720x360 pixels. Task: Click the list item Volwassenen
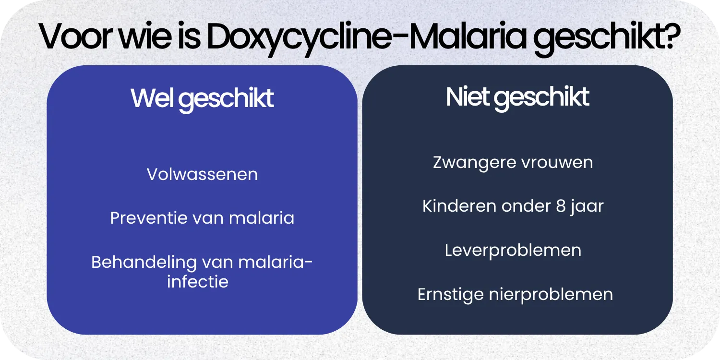202,174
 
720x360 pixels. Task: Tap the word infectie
198,281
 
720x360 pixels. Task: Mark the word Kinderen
459,206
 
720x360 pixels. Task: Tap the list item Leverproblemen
513,251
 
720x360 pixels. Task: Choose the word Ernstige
450,294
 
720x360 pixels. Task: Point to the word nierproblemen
551,295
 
